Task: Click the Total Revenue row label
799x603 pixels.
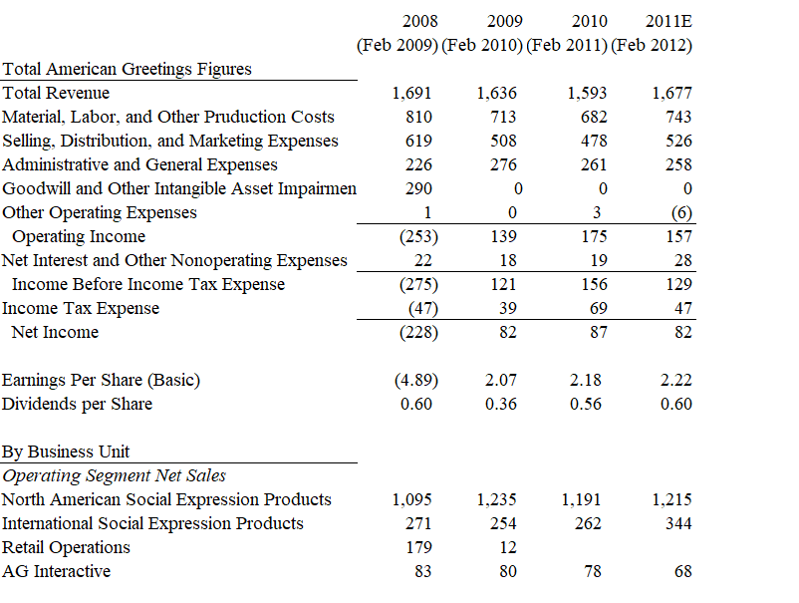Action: [x=56, y=93]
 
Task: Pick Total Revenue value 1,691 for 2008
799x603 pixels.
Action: [x=412, y=94]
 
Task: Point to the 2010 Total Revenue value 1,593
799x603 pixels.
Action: [x=587, y=94]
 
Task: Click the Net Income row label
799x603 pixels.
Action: [x=55, y=332]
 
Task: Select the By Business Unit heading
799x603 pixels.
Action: [x=66, y=452]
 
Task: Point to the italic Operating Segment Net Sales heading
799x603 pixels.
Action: [x=114, y=475]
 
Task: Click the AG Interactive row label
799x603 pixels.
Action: [x=56, y=571]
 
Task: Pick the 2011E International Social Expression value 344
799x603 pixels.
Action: [x=679, y=524]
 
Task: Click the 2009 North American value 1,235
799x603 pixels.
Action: [x=497, y=500]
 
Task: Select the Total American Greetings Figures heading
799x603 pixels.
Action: [x=127, y=69]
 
